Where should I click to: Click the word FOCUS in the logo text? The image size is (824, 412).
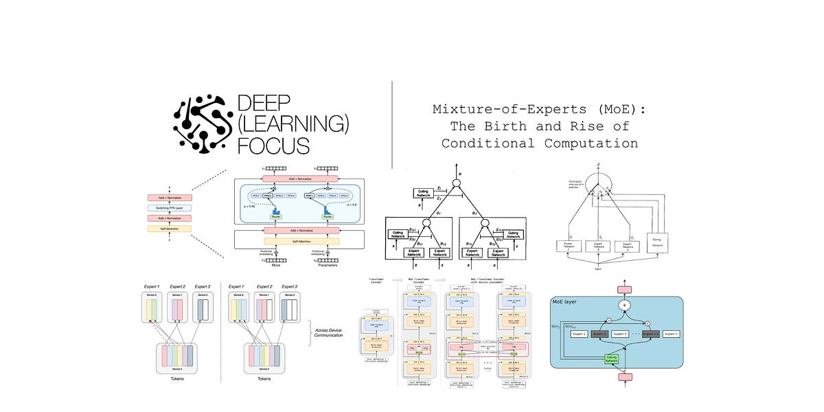[x=273, y=145]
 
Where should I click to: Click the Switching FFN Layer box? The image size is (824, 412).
[x=169, y=207]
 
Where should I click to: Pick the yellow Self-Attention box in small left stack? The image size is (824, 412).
[x=169, y=228]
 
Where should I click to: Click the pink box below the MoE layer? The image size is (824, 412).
[x=626, y=376]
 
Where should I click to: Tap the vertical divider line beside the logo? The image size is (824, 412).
[x=391, y=124]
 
